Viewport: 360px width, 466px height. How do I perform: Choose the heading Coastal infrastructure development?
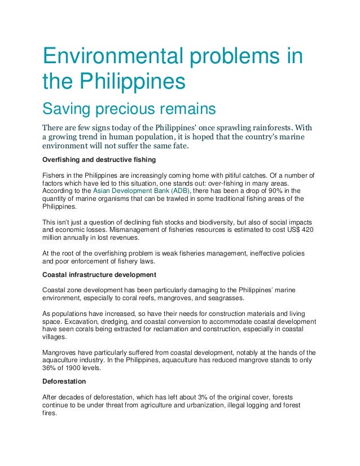pos(99,275)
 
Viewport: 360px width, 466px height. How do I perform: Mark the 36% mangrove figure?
pos(50,368)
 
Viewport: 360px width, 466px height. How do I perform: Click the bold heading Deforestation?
pos(65,381)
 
